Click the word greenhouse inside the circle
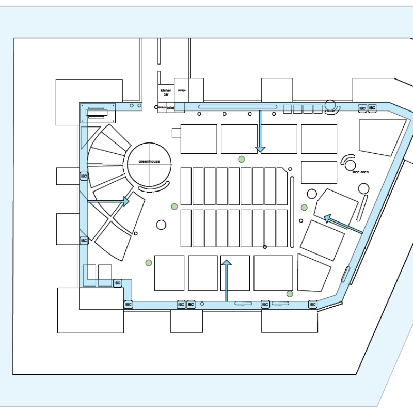point(149,161)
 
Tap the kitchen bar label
point(166,92)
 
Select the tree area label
point(360,172)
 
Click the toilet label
point(171,107)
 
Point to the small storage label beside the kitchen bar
point(181,90)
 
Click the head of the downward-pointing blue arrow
point(260,149)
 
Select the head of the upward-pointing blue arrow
point(226,263)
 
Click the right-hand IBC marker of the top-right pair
point(372,108)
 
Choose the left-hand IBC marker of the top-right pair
point(362,108)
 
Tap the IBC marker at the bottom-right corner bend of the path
point(313,305)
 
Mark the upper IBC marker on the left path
point(84,177)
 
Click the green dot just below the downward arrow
point(241,159)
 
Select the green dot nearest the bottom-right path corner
point(290,294)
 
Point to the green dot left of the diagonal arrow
point(304,208)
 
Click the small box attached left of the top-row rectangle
point(176,133)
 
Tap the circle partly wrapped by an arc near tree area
point(351,165)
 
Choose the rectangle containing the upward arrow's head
point(235,273)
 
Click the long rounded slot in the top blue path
point(237,107)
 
